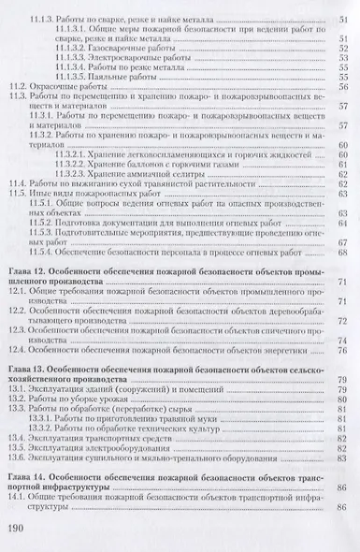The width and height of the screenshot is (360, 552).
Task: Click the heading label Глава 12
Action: (x=27, y=268)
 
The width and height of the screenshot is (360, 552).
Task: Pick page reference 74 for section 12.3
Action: (x=342, y=341)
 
